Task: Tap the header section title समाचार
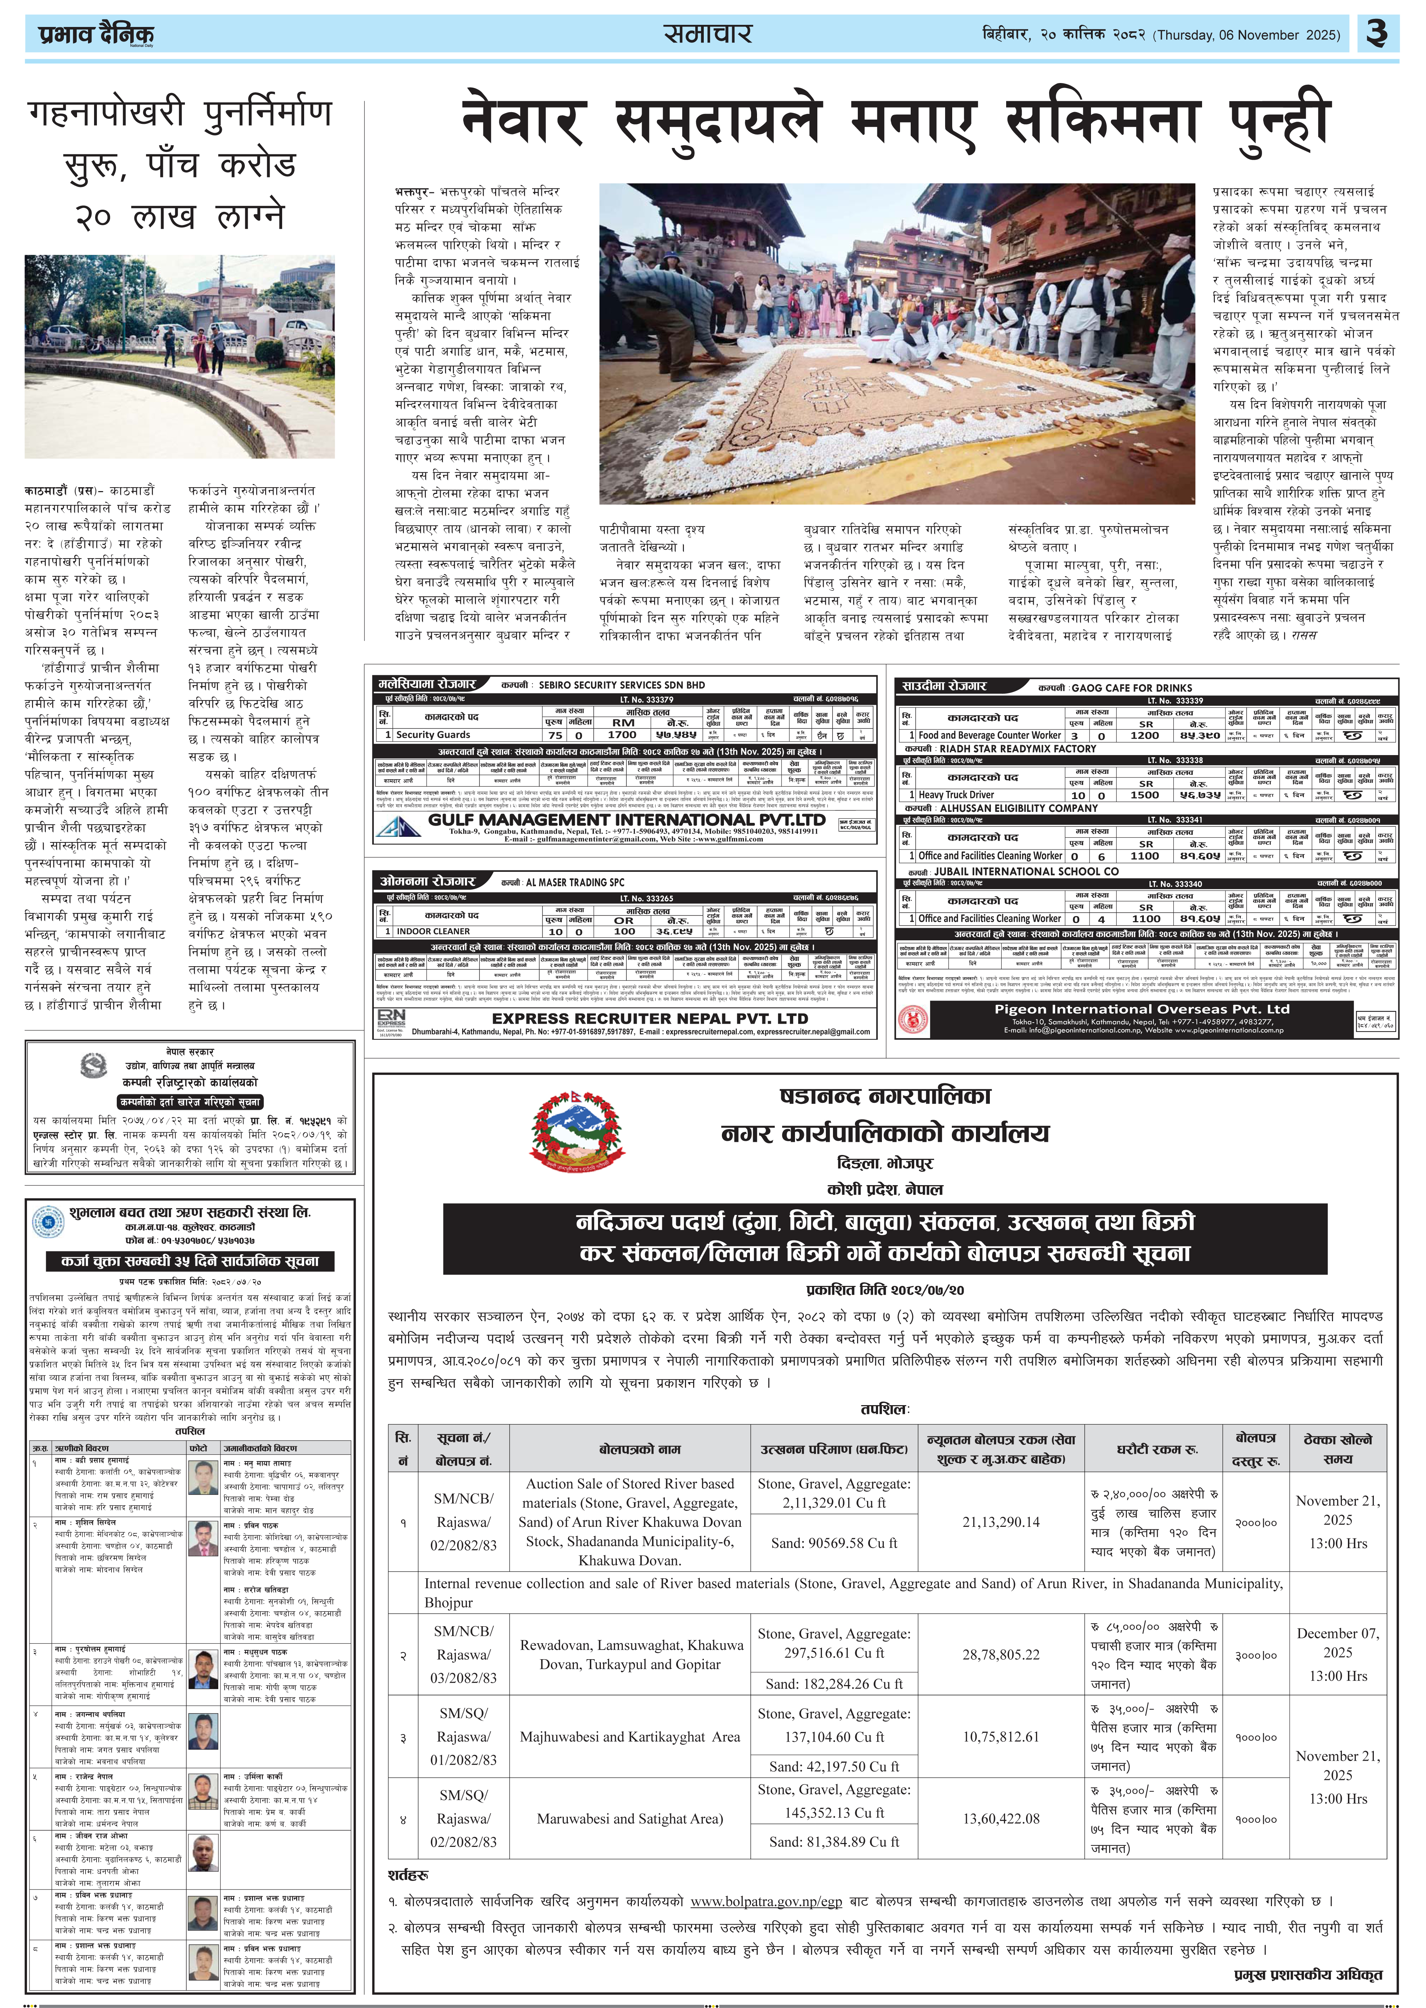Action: [708, 34]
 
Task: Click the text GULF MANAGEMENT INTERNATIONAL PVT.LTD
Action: [627, 819]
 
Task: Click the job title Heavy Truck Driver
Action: [956, 794]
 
